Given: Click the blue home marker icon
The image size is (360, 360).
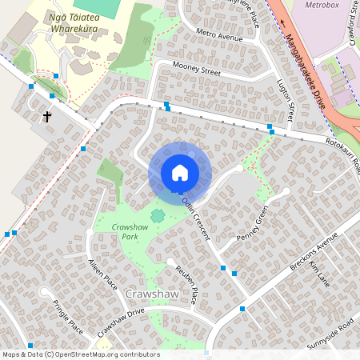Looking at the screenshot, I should pyautogui.click(x=180, y=173).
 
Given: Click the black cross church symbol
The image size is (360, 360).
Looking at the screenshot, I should pyautogui.click(x=46, y=117).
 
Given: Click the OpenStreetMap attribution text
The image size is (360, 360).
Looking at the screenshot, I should pyautogui.click(x=80, y=354).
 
